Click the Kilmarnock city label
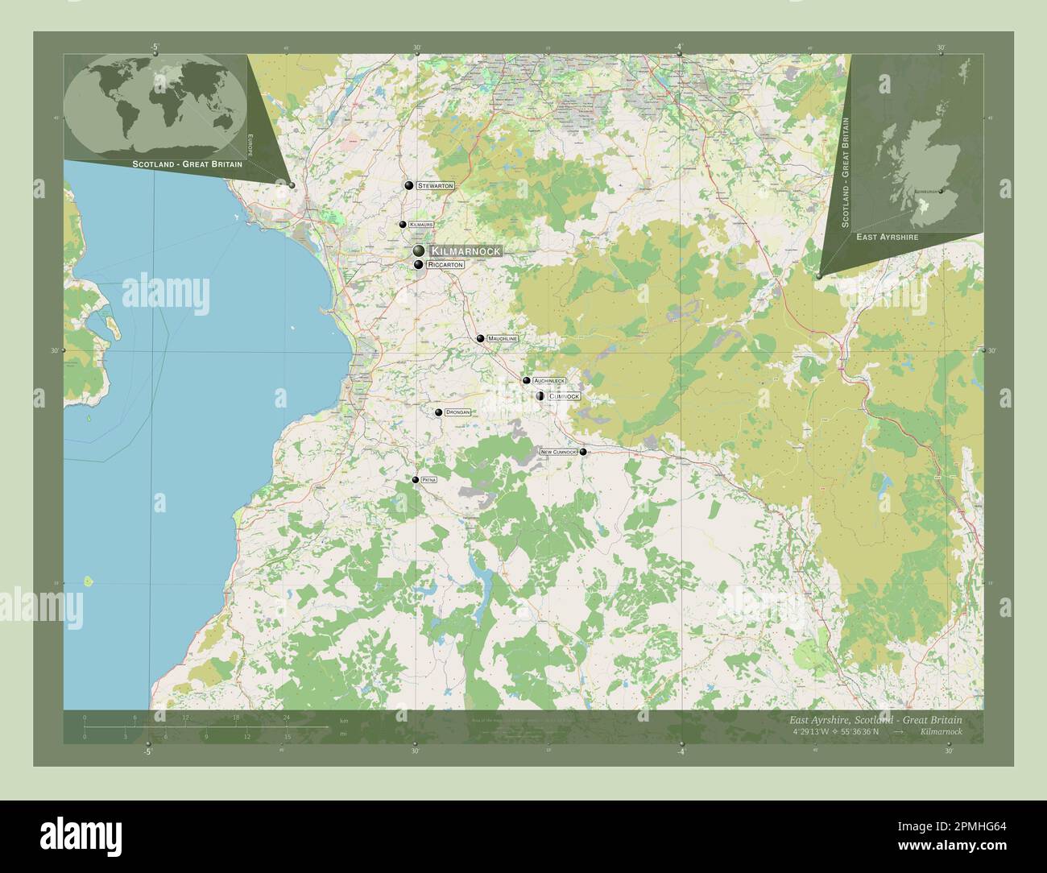pos(465,251)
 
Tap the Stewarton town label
pos(435,186)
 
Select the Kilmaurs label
pos(420,225)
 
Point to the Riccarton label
pos(446,264)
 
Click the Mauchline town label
pos(503,339)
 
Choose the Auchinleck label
pos(549,380)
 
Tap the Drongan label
pos(457,412)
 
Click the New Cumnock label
pos(559,452)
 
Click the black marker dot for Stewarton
pos(409,186)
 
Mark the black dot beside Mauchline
pos(480,339)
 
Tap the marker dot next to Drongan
pos(439,412)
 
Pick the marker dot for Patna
pos(416,480)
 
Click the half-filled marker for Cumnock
pos(540,395)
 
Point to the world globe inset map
pos(155,105)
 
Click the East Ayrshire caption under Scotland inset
pos(887,237)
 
